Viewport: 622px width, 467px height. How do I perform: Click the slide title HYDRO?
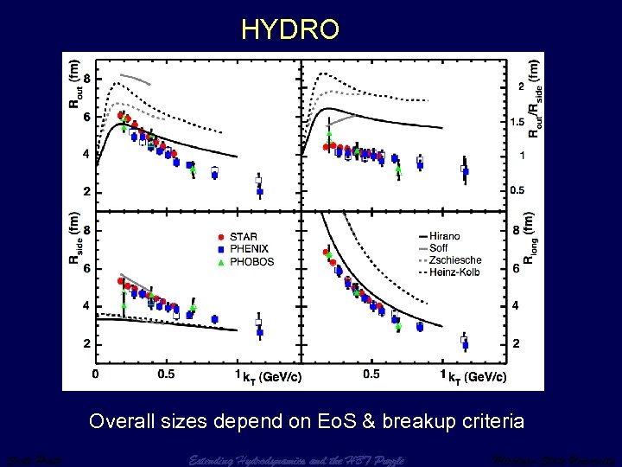pos(290,29)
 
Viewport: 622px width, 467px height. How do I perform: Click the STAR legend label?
pos(243,236)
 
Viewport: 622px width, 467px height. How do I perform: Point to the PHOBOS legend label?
pos(251,262)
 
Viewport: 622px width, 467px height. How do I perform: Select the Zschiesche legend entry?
pos(454,260)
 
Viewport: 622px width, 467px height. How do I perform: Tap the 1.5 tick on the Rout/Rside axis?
pos(519,122)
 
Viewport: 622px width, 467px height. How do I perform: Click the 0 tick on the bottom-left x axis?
pos(95,374)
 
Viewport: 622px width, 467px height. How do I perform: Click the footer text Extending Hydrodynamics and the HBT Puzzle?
pos(295,459)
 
